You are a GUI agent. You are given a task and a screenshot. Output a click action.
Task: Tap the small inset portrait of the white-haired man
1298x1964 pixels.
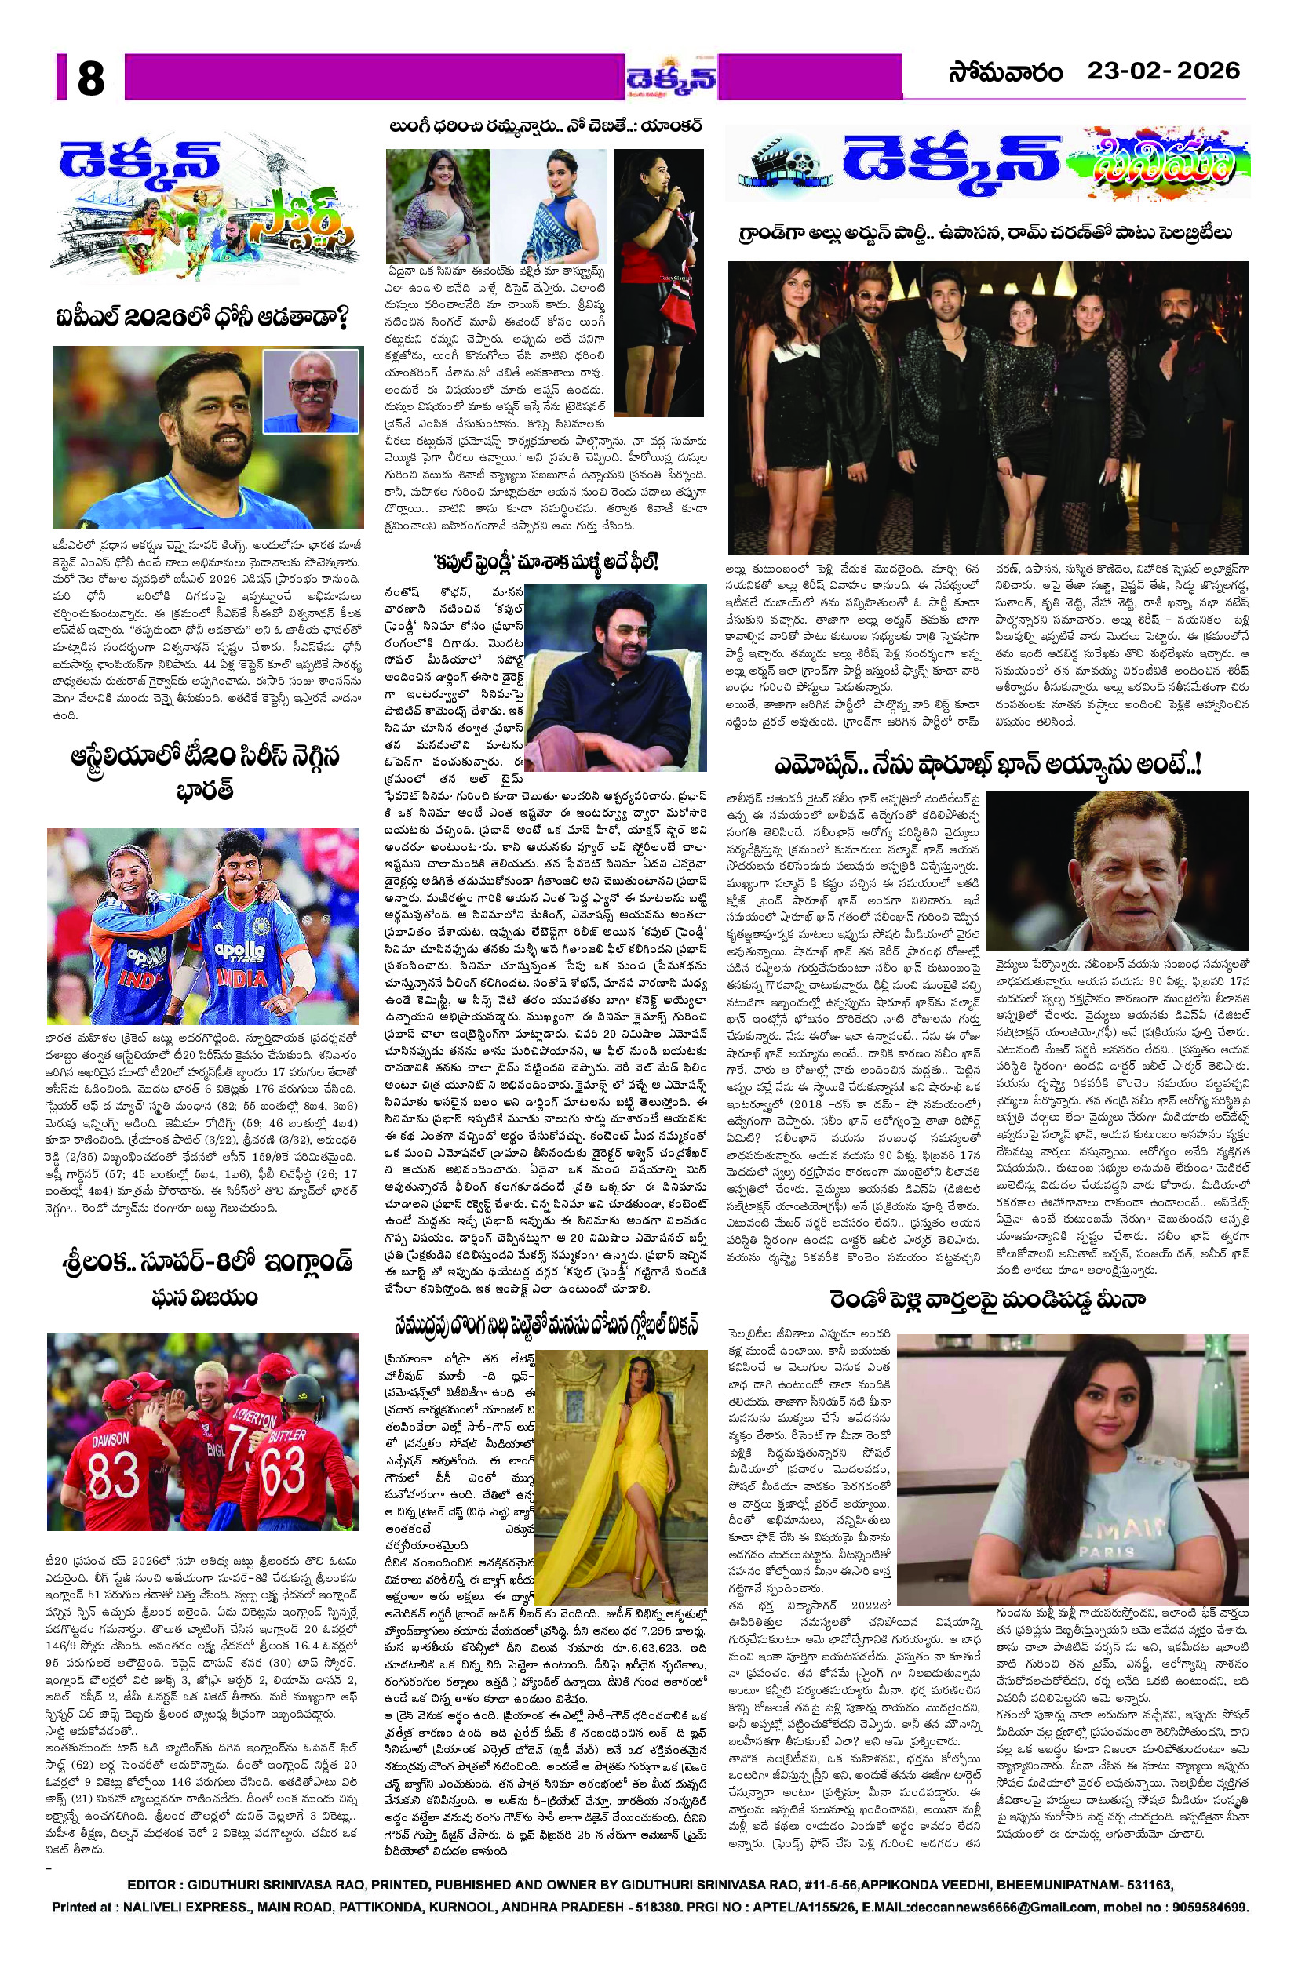[x=312, y=391]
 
